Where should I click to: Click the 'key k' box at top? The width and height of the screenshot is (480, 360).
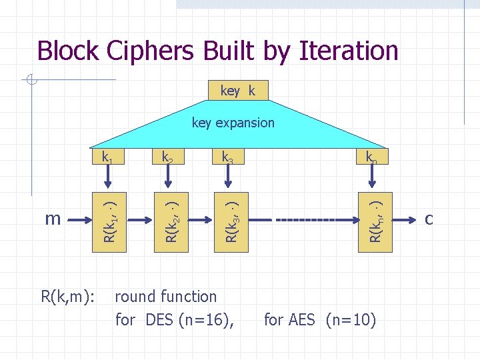pyautogui.click(x=237, y=91)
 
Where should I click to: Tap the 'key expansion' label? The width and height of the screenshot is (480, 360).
pyautogui.click(x=233, y=123)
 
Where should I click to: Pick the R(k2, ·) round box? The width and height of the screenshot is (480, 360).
pyautogui.click(x=171, y=218)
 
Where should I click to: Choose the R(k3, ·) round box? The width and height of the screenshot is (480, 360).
pyautogui.click(x=231, y=218)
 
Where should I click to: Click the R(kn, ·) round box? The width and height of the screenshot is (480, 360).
pyautogui.click(x=376, y=218)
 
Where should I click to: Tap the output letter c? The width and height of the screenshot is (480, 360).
pyautogui.click(x=429, y=219)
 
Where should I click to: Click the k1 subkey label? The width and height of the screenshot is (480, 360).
pyautogui.click(x=106, y=158)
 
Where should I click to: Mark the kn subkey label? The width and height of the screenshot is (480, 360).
pyautogui.click(x=371, y=158)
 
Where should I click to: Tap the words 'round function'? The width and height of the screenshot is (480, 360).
pyautogui.click(x=166, y=297)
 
